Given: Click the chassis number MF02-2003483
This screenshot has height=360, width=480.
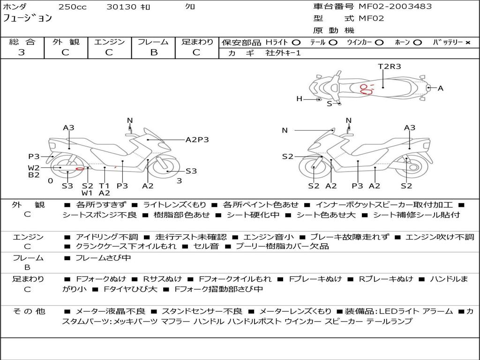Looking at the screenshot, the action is coord(395,7).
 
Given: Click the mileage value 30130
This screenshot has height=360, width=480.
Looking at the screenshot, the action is coord(121,7).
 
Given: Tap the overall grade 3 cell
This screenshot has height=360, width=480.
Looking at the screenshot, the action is coord(22,52).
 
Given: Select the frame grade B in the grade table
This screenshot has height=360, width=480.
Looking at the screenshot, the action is coord(154,52).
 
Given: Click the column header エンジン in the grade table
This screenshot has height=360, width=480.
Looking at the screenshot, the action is coord(109,42).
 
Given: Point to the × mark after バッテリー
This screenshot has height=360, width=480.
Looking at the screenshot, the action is coord(467,42).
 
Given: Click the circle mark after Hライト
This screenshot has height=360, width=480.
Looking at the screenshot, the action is coord(296,42).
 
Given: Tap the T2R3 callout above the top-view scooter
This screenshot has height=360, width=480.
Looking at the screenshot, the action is coord(390,66).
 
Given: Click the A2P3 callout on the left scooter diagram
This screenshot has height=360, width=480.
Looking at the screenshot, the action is coord(197,139).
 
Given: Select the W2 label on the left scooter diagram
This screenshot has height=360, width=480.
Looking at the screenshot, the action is coord(33,168).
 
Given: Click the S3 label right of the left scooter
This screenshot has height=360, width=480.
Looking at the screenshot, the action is coord(191,171).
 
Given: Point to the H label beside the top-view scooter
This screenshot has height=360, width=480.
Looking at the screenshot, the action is coord(299,99).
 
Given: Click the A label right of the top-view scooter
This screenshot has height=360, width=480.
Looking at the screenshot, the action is coord(440,88).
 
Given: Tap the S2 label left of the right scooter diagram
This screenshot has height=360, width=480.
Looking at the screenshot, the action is coord(287,157).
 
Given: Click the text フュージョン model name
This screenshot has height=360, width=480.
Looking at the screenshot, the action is coord(28,19).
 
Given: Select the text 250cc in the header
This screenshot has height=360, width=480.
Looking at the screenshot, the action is coord(72,7).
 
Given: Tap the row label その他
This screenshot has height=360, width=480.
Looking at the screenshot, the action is coord(28,311).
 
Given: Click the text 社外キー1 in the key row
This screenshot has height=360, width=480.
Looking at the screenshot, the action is coord(283,53).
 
